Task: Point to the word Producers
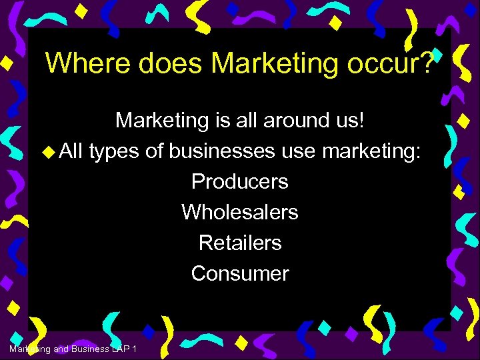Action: point(239,181)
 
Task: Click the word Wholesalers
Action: point(239,212)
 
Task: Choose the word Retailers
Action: point(240,243)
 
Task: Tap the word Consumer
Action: point(240,273)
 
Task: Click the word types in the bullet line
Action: point(113,152)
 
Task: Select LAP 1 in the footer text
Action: point(126,349)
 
